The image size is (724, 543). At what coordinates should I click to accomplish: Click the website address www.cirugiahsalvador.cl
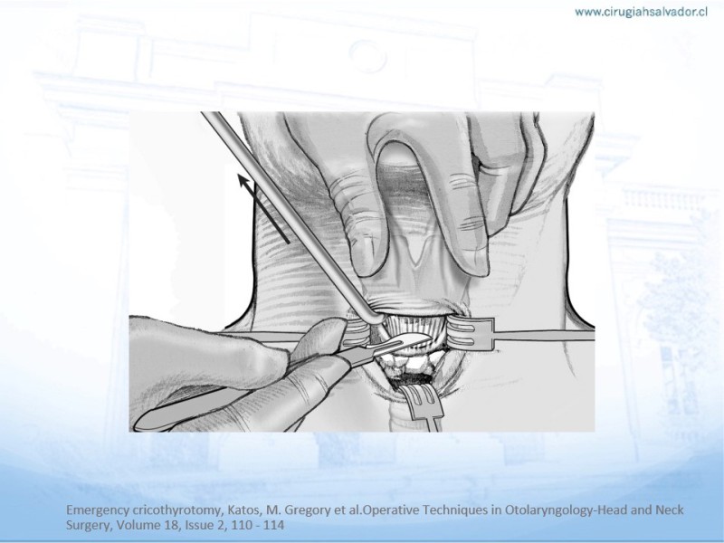[641, 13]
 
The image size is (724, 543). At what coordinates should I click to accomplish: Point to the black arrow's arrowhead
[244, 180]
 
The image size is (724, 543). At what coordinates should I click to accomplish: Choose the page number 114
[274, 525]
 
